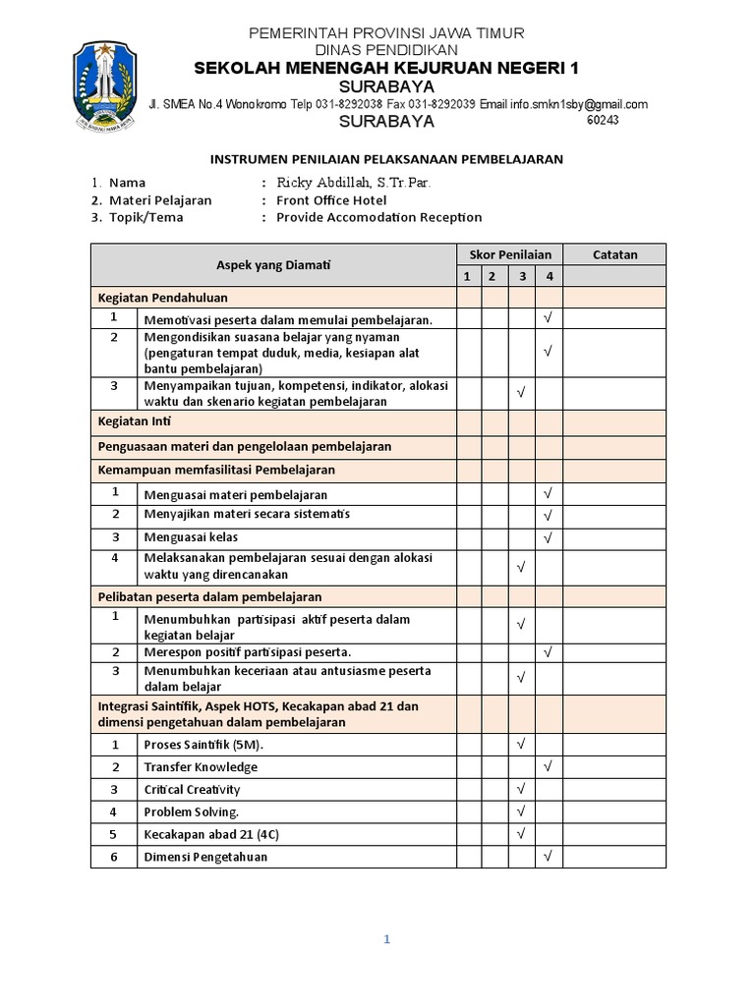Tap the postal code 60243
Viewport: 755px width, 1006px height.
[603, 121]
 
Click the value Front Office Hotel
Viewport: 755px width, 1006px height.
[331, 199]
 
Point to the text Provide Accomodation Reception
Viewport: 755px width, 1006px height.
[378, 217]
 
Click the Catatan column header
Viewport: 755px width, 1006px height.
[614, 254]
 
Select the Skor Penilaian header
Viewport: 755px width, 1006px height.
[509, 254]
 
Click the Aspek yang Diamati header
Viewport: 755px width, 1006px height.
[273, 265]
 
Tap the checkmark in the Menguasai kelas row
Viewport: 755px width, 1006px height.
[549, 538]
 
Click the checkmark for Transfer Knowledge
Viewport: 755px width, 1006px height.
[549, 766]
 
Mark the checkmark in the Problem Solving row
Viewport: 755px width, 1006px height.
[522, 811]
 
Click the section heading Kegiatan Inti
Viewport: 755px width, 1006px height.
[135, 421]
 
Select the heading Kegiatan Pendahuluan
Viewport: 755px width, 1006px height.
[162, 297]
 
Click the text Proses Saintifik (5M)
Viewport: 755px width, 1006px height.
[203, 745]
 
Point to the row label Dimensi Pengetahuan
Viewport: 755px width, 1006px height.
[205, 857]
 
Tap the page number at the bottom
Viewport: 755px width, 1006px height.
[387, 939]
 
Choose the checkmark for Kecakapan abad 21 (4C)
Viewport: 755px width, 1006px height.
[522, 834]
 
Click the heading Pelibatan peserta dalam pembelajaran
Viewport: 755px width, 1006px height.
[209, 596]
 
